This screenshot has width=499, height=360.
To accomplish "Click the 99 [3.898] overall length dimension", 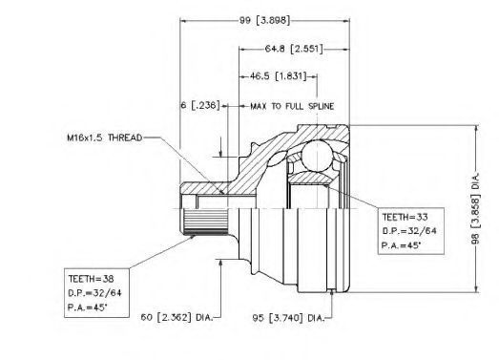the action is coord(264,21).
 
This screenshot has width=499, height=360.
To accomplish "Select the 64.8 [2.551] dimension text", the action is coord(294,49).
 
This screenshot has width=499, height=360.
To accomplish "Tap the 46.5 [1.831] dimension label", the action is coord(278,76).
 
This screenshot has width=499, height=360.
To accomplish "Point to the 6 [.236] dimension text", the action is coord(200,105).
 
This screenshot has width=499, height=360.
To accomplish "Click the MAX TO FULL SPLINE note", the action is coord(292,106).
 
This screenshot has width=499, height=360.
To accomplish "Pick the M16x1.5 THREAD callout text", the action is coord(105,138).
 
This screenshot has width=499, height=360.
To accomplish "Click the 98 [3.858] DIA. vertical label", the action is coord(475,209).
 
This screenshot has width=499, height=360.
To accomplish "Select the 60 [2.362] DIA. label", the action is coord(177,317).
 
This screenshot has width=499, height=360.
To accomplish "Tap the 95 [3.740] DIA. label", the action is coord(288,318).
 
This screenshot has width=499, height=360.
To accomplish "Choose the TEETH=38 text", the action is coord(91,279).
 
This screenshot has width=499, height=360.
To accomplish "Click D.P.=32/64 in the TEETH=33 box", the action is coord(409,231).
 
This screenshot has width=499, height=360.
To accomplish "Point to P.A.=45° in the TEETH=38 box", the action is coord(88,307).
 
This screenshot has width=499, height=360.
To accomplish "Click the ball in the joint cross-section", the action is coord(317,156).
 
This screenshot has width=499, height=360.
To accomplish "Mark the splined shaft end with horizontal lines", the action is coord(204,222).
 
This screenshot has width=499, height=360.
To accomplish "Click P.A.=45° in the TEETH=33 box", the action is coord(401,245).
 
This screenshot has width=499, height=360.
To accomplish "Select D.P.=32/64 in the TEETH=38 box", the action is coord(94,293).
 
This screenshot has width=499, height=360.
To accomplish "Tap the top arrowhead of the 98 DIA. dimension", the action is coord(476,129).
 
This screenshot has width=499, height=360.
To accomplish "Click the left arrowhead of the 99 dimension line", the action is coord(184,21).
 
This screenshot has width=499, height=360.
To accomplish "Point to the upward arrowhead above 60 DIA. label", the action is coord(219,264).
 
